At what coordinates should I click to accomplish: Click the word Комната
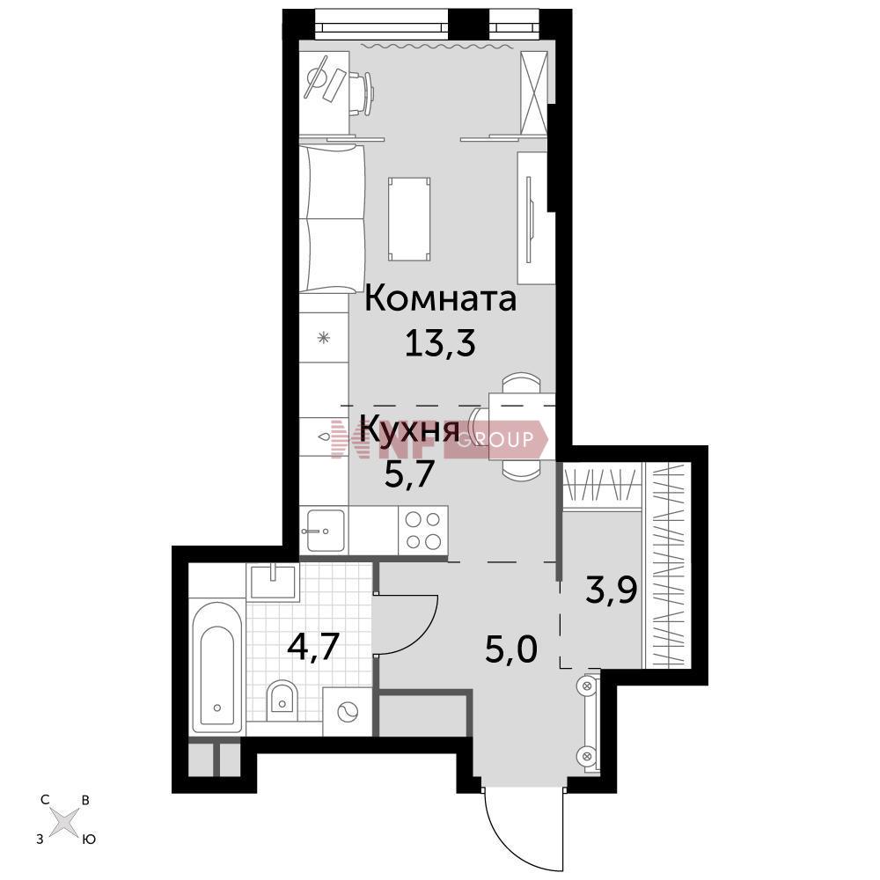(441, 298)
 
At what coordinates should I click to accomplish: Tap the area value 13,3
(441, 343)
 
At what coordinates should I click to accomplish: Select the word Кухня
(410, 430)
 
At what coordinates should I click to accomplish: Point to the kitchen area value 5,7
(409, 474)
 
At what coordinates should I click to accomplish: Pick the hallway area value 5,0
(511, 650)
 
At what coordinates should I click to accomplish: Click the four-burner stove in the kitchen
(423, 531)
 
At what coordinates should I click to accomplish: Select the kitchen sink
(324, 531)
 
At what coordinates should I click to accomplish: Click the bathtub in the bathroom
(217, 666)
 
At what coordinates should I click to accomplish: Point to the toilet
(282, 701)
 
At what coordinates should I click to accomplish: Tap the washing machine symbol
(348, 712)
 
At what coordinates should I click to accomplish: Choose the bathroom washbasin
(273, 582)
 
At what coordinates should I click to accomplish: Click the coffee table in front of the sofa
(410, 219)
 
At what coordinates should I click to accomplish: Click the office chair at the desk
(362, 93)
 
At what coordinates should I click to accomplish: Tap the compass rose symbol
(65, 823)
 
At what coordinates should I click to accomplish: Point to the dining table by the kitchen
(523, 427)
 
